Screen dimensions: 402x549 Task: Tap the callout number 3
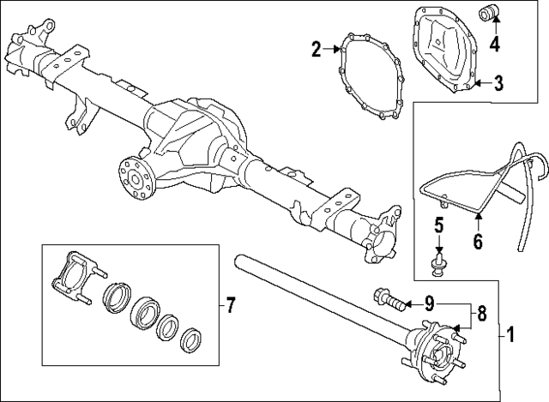498,83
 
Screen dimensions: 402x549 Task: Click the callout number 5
437,227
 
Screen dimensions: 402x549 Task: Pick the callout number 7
230,303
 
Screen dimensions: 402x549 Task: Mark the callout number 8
481,314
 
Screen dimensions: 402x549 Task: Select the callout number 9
430,303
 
